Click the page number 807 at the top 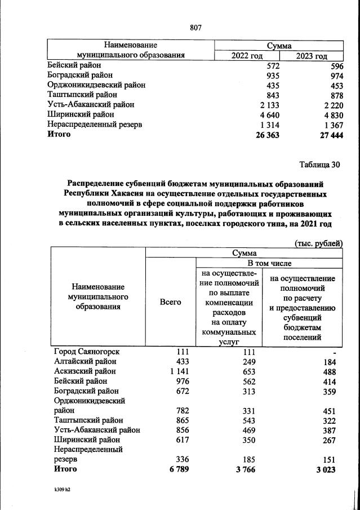click(195, 27)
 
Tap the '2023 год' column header click(312, 56)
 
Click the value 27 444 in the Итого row click(328, 135)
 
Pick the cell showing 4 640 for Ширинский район click(268, 114)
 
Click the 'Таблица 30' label click(320, 165)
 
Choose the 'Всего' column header click(170, 302)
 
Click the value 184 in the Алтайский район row click(328, 362)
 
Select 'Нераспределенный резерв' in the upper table click(94, 124)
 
